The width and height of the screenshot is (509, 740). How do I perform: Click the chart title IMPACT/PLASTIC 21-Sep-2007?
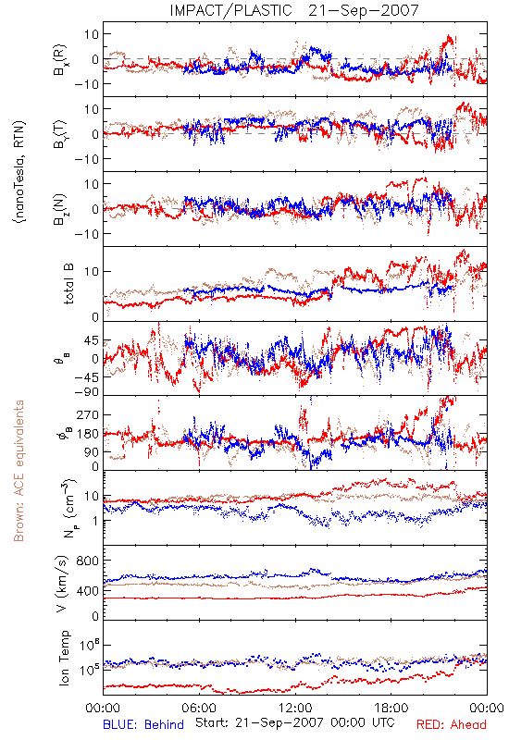pyautogui.click(x=293, y=10)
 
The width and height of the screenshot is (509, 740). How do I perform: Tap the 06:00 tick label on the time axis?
pyautogui.click(x=199, y=709)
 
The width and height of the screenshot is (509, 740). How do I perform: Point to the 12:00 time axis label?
pyautogui.click(x=295, y=709)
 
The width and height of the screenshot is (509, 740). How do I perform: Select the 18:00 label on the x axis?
pyautogui.click(x=391, y=709)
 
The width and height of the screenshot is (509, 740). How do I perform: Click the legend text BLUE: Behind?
pyautogui.click(x=143, y=725)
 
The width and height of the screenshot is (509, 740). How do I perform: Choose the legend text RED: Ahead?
pyautogui.click(x=452, y=725)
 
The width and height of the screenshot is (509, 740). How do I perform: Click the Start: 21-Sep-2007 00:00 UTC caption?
pyautogui.click(x=295, y=722)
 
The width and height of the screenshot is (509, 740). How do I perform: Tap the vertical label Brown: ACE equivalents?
pyautogui.click(x=19, y=471)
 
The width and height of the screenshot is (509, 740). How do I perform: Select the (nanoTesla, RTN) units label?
pyautogui.click(x=19, y=172)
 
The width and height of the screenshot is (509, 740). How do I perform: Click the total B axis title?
pyautogui.click(x=68, y=284)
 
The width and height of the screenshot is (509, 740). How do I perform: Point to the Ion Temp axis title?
pyautogui.click(x=64, y=658)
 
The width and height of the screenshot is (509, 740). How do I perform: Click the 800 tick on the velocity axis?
pyautogui.click(x=87, y=561)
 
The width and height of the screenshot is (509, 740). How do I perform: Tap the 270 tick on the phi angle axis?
pyautogui.click(x=87, y=414)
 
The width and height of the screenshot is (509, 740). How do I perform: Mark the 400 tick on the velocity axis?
pyautogui.click(x=87, y=591)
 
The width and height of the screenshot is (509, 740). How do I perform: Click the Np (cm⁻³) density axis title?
pyautogui.click(x=68, y=508)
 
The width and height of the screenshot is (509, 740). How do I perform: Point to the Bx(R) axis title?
pyautogui.click(x=60, y=60)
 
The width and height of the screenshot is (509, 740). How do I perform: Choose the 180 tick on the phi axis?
pyautogui.click(x=87, y=434)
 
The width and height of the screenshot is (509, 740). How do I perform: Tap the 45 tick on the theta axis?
pyautogui.click(x=91, y=340)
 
